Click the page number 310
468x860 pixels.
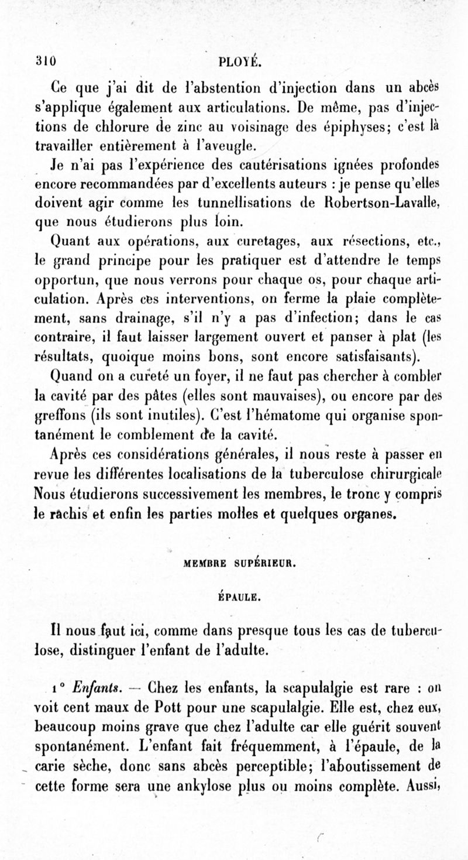[44, 60]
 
